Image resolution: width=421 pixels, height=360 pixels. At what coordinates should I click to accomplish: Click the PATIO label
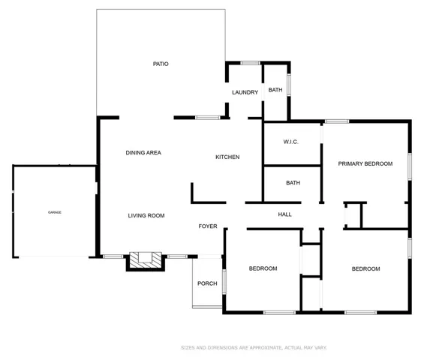[161, 64]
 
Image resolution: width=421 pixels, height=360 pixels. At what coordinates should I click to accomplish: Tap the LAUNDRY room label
[245, 92]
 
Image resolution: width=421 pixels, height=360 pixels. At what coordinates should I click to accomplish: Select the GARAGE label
[55, 212]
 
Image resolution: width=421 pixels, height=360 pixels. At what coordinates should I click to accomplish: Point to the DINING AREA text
[143, 153]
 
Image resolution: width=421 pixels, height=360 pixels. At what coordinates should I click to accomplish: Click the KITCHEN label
[227, 157]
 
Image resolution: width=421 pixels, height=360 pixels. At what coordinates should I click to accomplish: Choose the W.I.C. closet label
[290, 142]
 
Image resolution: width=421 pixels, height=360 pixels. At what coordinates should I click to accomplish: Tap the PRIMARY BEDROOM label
[365, 163]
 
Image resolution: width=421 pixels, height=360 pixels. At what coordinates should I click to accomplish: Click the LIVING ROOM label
[146, 215]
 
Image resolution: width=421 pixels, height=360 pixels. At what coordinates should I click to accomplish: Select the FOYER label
[208, 226]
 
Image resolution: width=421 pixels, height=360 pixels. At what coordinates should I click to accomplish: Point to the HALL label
[284, 214]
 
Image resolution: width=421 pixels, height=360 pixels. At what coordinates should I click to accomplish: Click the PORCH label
[207, 283]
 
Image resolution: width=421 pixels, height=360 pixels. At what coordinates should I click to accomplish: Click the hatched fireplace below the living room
[146, 261]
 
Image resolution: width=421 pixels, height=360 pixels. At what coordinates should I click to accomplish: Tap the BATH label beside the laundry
[275, 90]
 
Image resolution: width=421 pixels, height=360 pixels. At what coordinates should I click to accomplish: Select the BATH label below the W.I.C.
[293, 183]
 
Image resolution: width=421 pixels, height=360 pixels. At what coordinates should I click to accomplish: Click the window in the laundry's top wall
[250, 63]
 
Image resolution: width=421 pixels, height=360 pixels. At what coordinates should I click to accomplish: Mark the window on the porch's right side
[224, 282]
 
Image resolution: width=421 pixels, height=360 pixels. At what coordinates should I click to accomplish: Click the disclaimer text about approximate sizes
[254, 348]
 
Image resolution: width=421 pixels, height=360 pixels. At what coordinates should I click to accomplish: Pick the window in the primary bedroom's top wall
[337, 121]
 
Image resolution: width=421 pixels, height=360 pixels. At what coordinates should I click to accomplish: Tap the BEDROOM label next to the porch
[263, 268]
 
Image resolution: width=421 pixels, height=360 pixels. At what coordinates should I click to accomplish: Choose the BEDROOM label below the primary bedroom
[365, 268]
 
